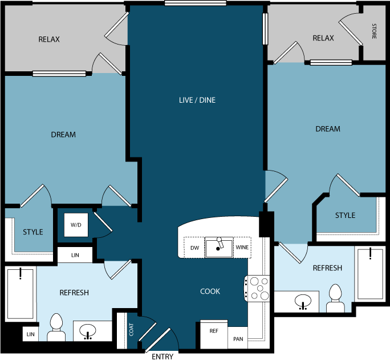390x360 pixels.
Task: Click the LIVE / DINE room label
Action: tap(197, 100)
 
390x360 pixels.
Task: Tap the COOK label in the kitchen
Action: tap(210, 292)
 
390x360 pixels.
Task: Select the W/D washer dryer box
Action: tap(76, 225)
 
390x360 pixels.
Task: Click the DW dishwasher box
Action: tap(194, 248)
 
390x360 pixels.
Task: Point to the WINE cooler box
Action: tap(242, 248)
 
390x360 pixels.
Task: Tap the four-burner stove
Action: tap(257, 288)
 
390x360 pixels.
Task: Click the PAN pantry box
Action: tap(238, 339)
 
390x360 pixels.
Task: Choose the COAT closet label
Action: tap(131, 330)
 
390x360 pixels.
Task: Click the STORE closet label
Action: tap(374, 31)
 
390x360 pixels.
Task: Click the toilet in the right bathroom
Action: tap(335, 298)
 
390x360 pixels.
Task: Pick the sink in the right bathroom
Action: tap(302, 301)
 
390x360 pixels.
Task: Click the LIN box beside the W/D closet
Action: tap(75, 255)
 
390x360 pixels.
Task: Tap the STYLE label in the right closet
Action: tap(345, 215)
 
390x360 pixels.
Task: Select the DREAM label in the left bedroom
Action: tap(63, 135)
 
